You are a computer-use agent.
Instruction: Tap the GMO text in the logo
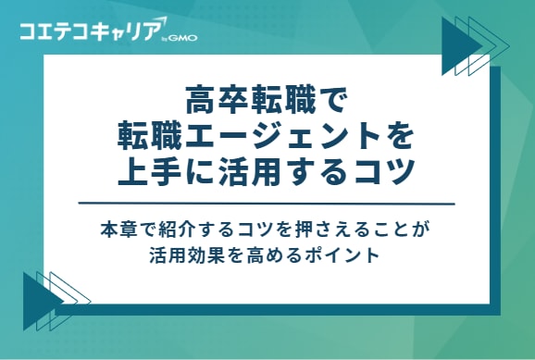182,40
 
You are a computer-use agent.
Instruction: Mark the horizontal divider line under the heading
267,203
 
